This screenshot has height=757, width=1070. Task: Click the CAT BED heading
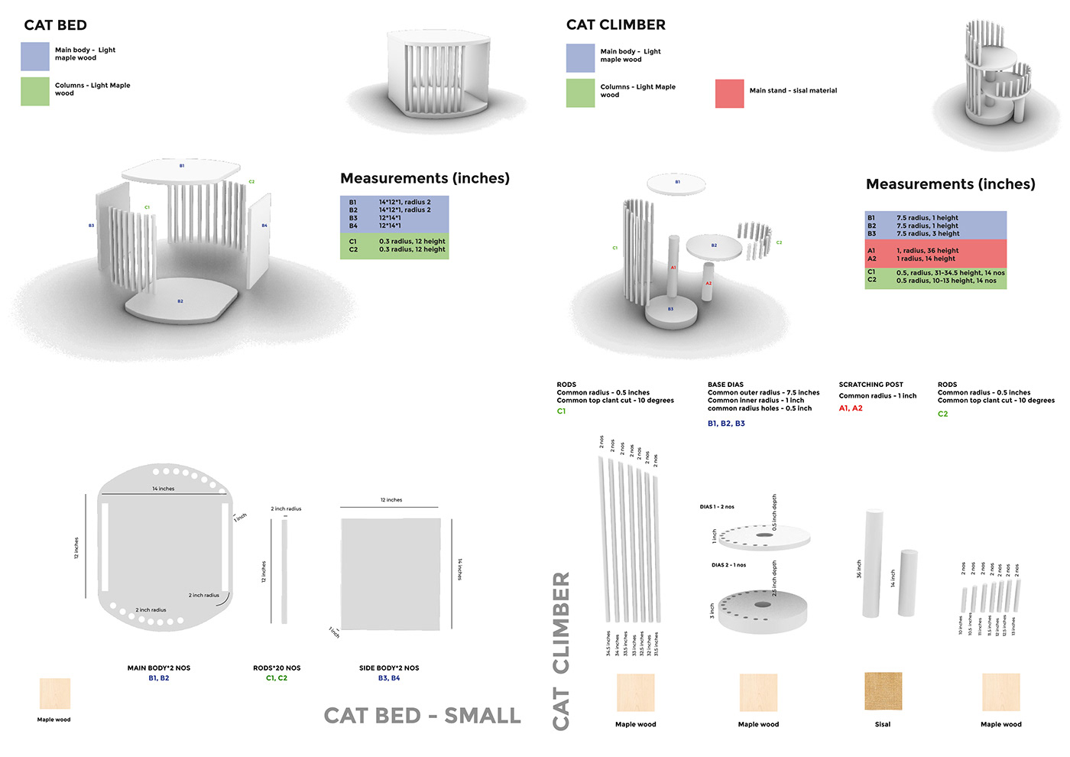[56, 25]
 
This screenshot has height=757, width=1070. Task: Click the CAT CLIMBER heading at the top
[615, 25]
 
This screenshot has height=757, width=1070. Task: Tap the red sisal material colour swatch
[729, 93]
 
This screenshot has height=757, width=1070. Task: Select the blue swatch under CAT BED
[35, 56]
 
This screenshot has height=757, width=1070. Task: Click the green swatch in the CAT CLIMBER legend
[580, 93]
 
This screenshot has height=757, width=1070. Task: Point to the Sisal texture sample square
[883, 691]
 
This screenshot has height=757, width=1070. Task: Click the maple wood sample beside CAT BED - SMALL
[54, 694]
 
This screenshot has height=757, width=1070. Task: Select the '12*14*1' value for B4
[390, 226]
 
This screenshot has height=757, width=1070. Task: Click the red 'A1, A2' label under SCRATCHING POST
[851, 408]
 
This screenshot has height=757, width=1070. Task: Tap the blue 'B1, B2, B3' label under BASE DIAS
[726, 424]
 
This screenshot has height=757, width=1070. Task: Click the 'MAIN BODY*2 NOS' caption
[159, 668]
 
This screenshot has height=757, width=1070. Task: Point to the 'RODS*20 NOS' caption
[277, 668]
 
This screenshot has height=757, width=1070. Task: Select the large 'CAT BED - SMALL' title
[422, 716]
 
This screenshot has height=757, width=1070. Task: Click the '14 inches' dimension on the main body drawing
[163, 489]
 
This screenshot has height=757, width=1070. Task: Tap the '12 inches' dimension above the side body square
[391, 500]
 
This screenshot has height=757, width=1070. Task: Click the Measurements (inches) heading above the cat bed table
[425, 178]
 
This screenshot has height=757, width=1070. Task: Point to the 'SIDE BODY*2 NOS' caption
[389, 668]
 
